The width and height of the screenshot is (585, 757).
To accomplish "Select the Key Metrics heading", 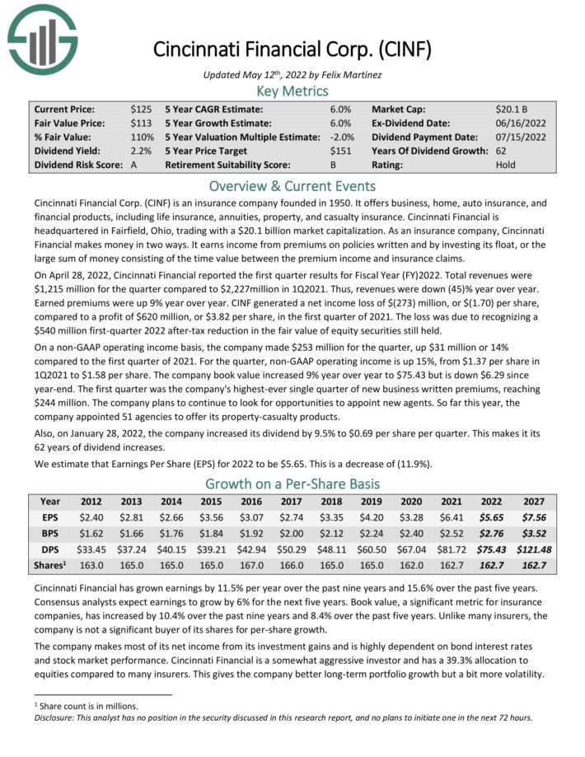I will (x=292, y=91).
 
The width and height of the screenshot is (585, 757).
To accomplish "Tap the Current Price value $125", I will (x=141, y=109).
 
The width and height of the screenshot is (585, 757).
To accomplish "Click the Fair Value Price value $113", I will (x=141, y=123).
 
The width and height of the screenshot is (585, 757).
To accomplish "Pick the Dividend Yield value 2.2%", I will (x=140, y=151).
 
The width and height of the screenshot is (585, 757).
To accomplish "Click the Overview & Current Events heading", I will (x=292, y=185).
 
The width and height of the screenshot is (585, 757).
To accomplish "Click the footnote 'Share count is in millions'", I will (x=90, y=705).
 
